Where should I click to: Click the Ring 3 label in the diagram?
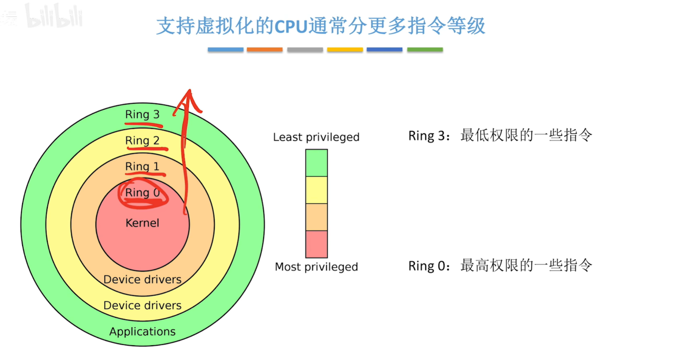coord(142,115)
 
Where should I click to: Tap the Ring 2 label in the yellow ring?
coord(142,140)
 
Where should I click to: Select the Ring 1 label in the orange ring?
coord(142,167)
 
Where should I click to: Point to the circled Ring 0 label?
coord(142,193)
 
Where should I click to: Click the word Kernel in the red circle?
coord(142,223)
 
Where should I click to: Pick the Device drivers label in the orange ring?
coord(142,280)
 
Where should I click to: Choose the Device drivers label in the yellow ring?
coord(142,305)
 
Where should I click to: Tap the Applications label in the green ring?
coord(142,332)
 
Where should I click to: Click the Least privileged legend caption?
coord(316,137)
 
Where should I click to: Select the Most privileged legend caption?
coord(316,267)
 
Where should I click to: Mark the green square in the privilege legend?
coord(316,163)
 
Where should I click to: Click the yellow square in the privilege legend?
coord(316,190)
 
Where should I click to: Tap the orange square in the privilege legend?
coord(316,217)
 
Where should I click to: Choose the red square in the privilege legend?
coord(316,244)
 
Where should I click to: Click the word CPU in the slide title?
coord(291,26)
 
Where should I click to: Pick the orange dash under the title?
coord(265,50)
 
